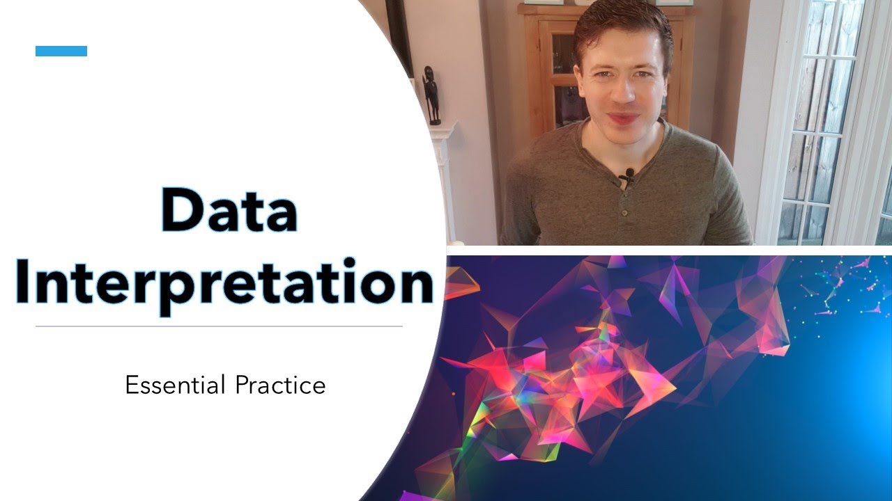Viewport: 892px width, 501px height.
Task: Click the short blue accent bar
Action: click(x=61, y=51)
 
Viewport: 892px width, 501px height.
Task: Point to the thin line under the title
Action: click(x=219, y=326)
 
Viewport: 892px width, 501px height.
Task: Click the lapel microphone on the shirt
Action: click(x=629, y=173)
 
